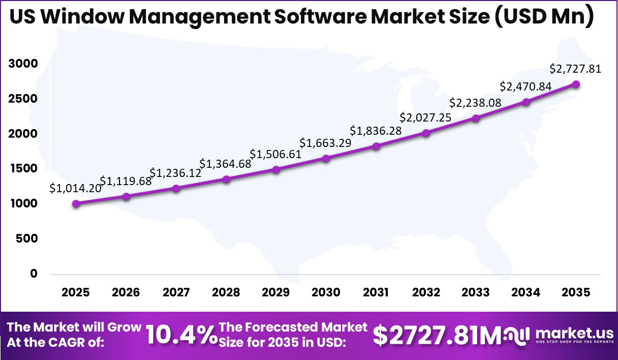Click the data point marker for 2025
tap(76, 204)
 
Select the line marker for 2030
tap(326, 159)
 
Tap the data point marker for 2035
tap(576, 84)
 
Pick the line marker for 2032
tap(426, 133)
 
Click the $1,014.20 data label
tap(75, 188)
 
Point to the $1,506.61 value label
tap(275, 154)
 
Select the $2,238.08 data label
tap(476, 103)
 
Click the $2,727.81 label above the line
tap(575, 69)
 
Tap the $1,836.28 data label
tap(376, 131)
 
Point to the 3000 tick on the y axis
tap(23, 64)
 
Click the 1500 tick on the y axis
tap(23, 169)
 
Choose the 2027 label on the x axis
tap(176, 293)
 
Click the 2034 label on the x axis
tap(526, 293)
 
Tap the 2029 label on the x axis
tap(275, 293)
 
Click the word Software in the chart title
tap(320, 17)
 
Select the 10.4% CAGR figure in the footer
tap(181, 335)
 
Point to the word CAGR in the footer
tap(86, 342)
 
